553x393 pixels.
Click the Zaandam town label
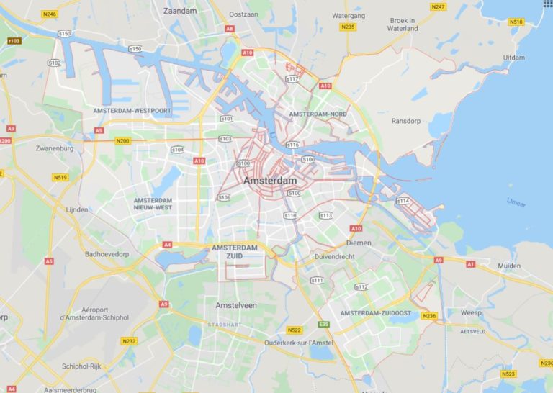tap(180, 12)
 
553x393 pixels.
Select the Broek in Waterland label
tap(402, 24)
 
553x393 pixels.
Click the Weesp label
tap(471, 313)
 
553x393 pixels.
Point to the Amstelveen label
tap(236, 305)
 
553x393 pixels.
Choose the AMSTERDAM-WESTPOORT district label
tap(132, 111)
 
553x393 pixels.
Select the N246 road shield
tap(50, 14)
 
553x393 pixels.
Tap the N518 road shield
tap(516, 22)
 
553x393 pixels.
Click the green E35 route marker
tap(324, 325)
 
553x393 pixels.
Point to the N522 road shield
tap(294, 330)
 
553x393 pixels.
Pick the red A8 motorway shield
tap(230, 29)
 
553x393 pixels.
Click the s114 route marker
tap(403, 201)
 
